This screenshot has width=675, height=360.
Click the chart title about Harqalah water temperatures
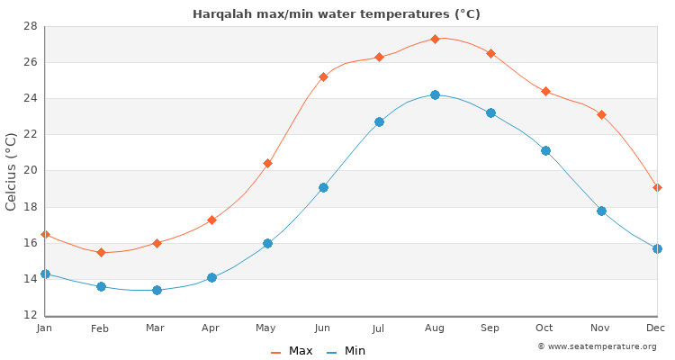(337, 14)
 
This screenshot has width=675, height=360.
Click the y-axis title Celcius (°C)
(12, 171)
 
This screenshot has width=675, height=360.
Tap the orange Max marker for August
(435, 39)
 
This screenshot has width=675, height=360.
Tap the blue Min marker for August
(435, 94)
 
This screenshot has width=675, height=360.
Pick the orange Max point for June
(323, 76)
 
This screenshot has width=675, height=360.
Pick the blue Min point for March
(157, 290)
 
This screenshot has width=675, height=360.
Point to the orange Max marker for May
(267, 163)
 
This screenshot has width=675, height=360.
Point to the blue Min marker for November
(601, 211)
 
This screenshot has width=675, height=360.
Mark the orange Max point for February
(101, 252)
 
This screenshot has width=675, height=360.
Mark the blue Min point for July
(379, 121)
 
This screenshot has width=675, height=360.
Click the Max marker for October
(545, 91)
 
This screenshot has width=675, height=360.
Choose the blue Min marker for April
(211, 277)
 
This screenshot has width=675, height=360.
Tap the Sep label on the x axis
(490, 328)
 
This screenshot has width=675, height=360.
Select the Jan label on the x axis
(45, 328)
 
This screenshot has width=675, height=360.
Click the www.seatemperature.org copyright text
(597, 346)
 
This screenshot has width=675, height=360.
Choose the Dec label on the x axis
(655, 328)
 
